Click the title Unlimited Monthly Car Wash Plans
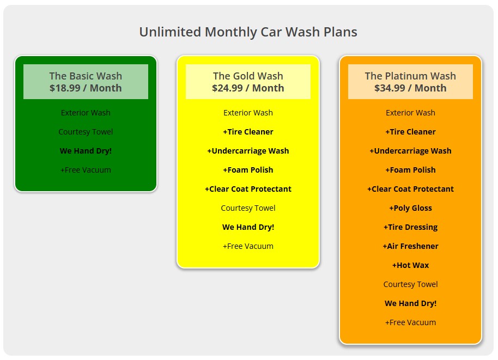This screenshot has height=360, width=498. pyautogui.click(x=248, y=32)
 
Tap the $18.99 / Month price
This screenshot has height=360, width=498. pyautogui.click(x=86, y=88)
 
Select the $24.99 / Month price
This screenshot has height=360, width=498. pyautogui.click(x=248, y=88)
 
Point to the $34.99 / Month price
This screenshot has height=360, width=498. pyautogui.click(x=410, y=88)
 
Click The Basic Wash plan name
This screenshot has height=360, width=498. pyautogui.click(x=86, y=76)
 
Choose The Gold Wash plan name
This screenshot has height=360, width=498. pyautogui.click(x=248, y=76)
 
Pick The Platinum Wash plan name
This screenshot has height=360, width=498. pyautogui.click(x=410, y=76)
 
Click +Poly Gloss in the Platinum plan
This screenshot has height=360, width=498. pyautogui.click(x=410, y=208)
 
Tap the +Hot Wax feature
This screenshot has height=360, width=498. pyautogui.click(x=410, y=265)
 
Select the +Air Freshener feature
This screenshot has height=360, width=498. pyautogui.click(x=410, y=246)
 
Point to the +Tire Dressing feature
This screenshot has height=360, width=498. pyautogui.click(x=410, y=227)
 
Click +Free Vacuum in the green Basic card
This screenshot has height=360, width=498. pyautogui.click(x=86, y=170)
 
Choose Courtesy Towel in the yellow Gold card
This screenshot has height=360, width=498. pyautogui.click(x=248, y=208)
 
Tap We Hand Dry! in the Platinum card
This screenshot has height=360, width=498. pyautogui.click(x=410, y=303)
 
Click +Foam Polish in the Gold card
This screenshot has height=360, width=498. pyautogui.click(x=248, y=170)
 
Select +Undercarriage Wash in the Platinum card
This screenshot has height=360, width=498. pyautogui.click(x=410, y=151)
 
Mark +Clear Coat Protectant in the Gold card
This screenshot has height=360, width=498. pyautogui.click(x=248, y=189)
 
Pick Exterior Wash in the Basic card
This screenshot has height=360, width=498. pyautogui.click(x=86, y=113)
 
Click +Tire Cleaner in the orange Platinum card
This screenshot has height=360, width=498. pyautogui.click(x=410, y=132)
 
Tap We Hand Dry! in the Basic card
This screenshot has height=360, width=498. pyautogui.click(x=86, y=151)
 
